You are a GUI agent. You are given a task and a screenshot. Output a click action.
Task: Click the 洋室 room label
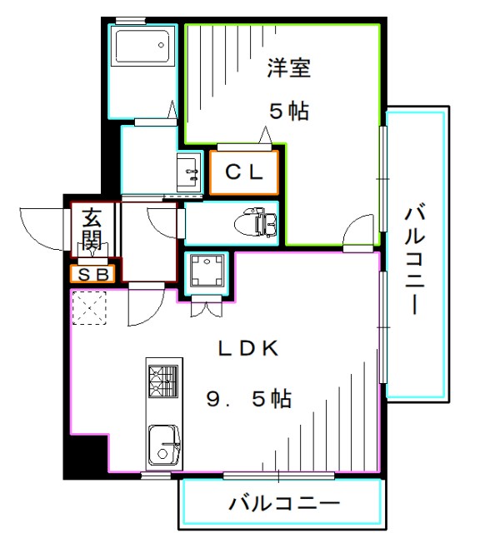(x=289, y=68)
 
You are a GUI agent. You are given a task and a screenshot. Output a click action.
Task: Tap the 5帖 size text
(x=288, y=110)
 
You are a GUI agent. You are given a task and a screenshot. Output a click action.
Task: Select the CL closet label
(x=245, y=172)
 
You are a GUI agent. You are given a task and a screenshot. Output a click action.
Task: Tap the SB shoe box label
(x=92, y=274)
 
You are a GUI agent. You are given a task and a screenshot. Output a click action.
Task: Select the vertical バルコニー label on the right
(x=414, y=258)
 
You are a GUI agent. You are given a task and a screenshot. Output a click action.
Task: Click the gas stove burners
(x=163, y=382)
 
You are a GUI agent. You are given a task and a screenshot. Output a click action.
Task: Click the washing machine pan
(x=202, y=271)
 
